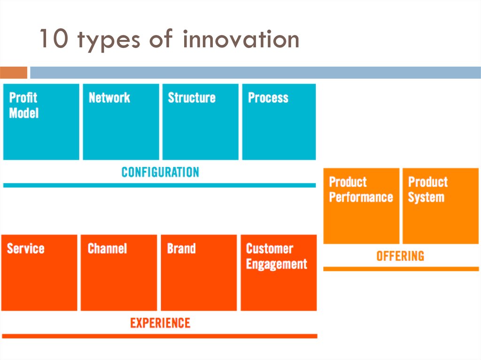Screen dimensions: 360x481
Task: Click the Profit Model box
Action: pyautogui.click(x=41, y=122)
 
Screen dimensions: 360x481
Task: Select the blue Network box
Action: pyautogui.click(x=121, y=122)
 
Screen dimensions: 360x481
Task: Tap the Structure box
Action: pyautogui.click(x=200, y=122)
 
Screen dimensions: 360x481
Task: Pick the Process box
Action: pyautogui.click(x=279, y=122)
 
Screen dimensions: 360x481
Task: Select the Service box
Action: pyautogui.click(x=39, y=273)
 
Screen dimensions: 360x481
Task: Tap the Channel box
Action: pyautogui.click(x=119, y=273)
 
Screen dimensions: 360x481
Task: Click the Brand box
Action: pyautogui.click(x=199, y=273)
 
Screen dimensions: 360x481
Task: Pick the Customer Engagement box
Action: pyautogui.click(x=279, y=273)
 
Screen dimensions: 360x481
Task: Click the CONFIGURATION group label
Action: pyautogui.click(x=160, y=172)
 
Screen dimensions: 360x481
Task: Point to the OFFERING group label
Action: pyautogui.click(x=400, y=256)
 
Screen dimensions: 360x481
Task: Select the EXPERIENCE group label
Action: pyautogui.click(x=160, y=323)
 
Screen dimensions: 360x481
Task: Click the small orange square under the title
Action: pyautogui.click(x=14, y=73)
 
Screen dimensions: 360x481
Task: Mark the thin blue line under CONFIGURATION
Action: pyautogui.click(x=159, y=185)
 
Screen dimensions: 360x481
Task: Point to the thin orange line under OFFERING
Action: pyautogui.click(x=401, y=269)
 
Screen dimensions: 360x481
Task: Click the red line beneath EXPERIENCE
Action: pyautogui.click(x=160, y=336)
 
